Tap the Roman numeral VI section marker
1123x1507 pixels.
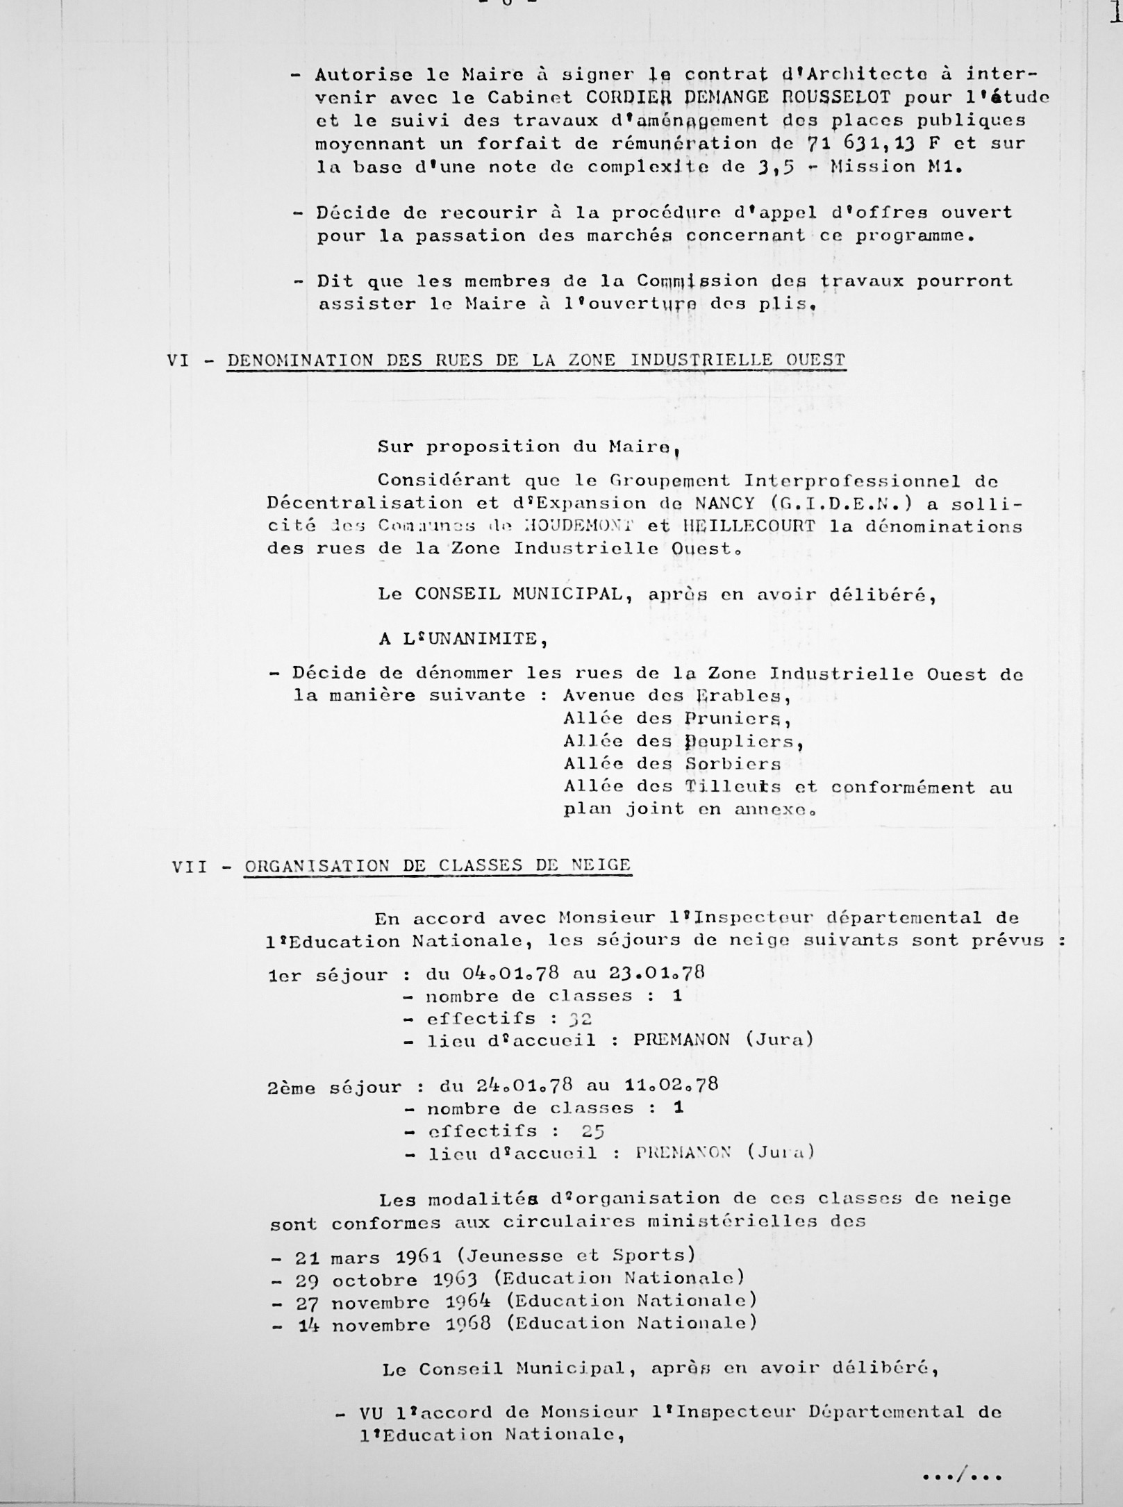(x=178, y=360)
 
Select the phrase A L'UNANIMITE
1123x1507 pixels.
(x=463, y=639)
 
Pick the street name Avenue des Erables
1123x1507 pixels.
(x=676, y=695)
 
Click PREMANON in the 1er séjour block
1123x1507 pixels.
(x=681, y=1040)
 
